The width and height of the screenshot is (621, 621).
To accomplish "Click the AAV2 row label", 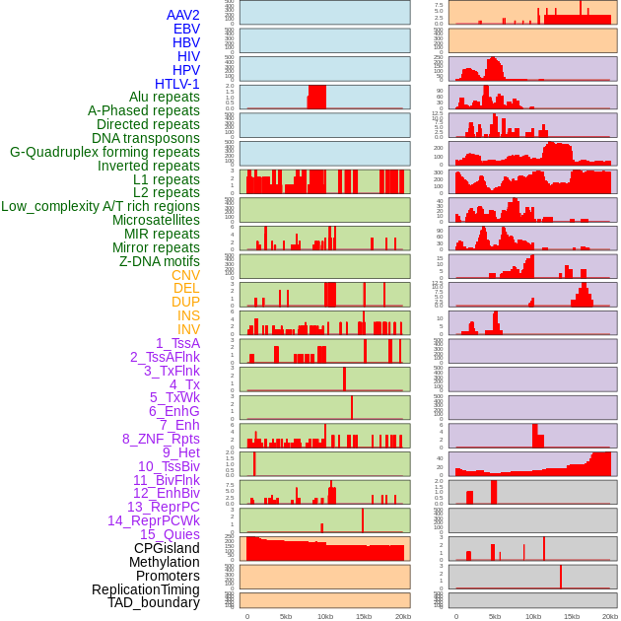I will [182, 15].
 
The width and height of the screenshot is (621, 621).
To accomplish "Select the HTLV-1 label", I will [176, 84].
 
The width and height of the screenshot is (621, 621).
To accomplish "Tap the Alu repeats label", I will [164, 97].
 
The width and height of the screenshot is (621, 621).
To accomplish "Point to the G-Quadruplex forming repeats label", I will [104, 152].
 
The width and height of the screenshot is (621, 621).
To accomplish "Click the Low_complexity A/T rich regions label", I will [100, 206].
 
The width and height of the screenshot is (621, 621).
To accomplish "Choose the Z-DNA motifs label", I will [159, 261].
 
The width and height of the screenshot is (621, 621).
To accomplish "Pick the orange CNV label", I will [185, 275].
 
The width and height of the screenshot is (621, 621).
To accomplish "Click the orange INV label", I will [188, 329].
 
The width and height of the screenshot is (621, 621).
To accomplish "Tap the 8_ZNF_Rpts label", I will [161, 439].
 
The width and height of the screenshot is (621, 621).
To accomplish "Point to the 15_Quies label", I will [170, 534].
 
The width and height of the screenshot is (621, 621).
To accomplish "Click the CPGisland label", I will [167, 548].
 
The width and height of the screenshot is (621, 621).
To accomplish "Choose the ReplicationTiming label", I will [145, 589].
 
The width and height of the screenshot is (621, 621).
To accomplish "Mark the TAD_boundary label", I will [153, 602].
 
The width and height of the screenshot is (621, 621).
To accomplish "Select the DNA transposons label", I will [146, 138].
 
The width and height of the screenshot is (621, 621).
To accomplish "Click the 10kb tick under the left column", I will [324, 616].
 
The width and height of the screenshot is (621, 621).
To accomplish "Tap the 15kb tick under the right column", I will [572, 616].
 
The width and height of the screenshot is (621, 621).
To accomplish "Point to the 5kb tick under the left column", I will [286, 616].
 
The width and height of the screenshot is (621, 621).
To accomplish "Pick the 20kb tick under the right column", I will [610, 616].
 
